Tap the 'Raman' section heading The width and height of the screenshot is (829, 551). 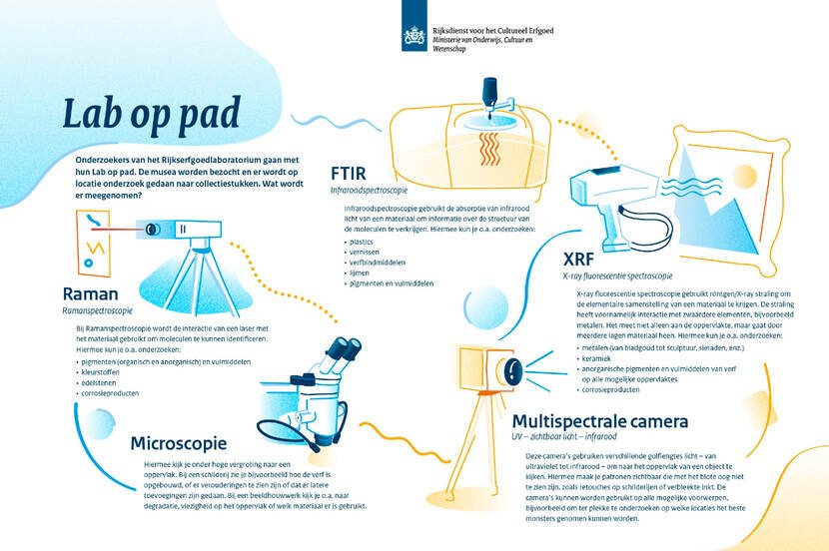click(91, 294)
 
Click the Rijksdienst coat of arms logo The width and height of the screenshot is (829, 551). click(414, 37)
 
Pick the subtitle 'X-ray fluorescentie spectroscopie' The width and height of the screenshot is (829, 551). click(617, 275)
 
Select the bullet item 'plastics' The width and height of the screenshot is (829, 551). click(349, 241)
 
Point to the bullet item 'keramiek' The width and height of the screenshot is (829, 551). click(599, 357)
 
